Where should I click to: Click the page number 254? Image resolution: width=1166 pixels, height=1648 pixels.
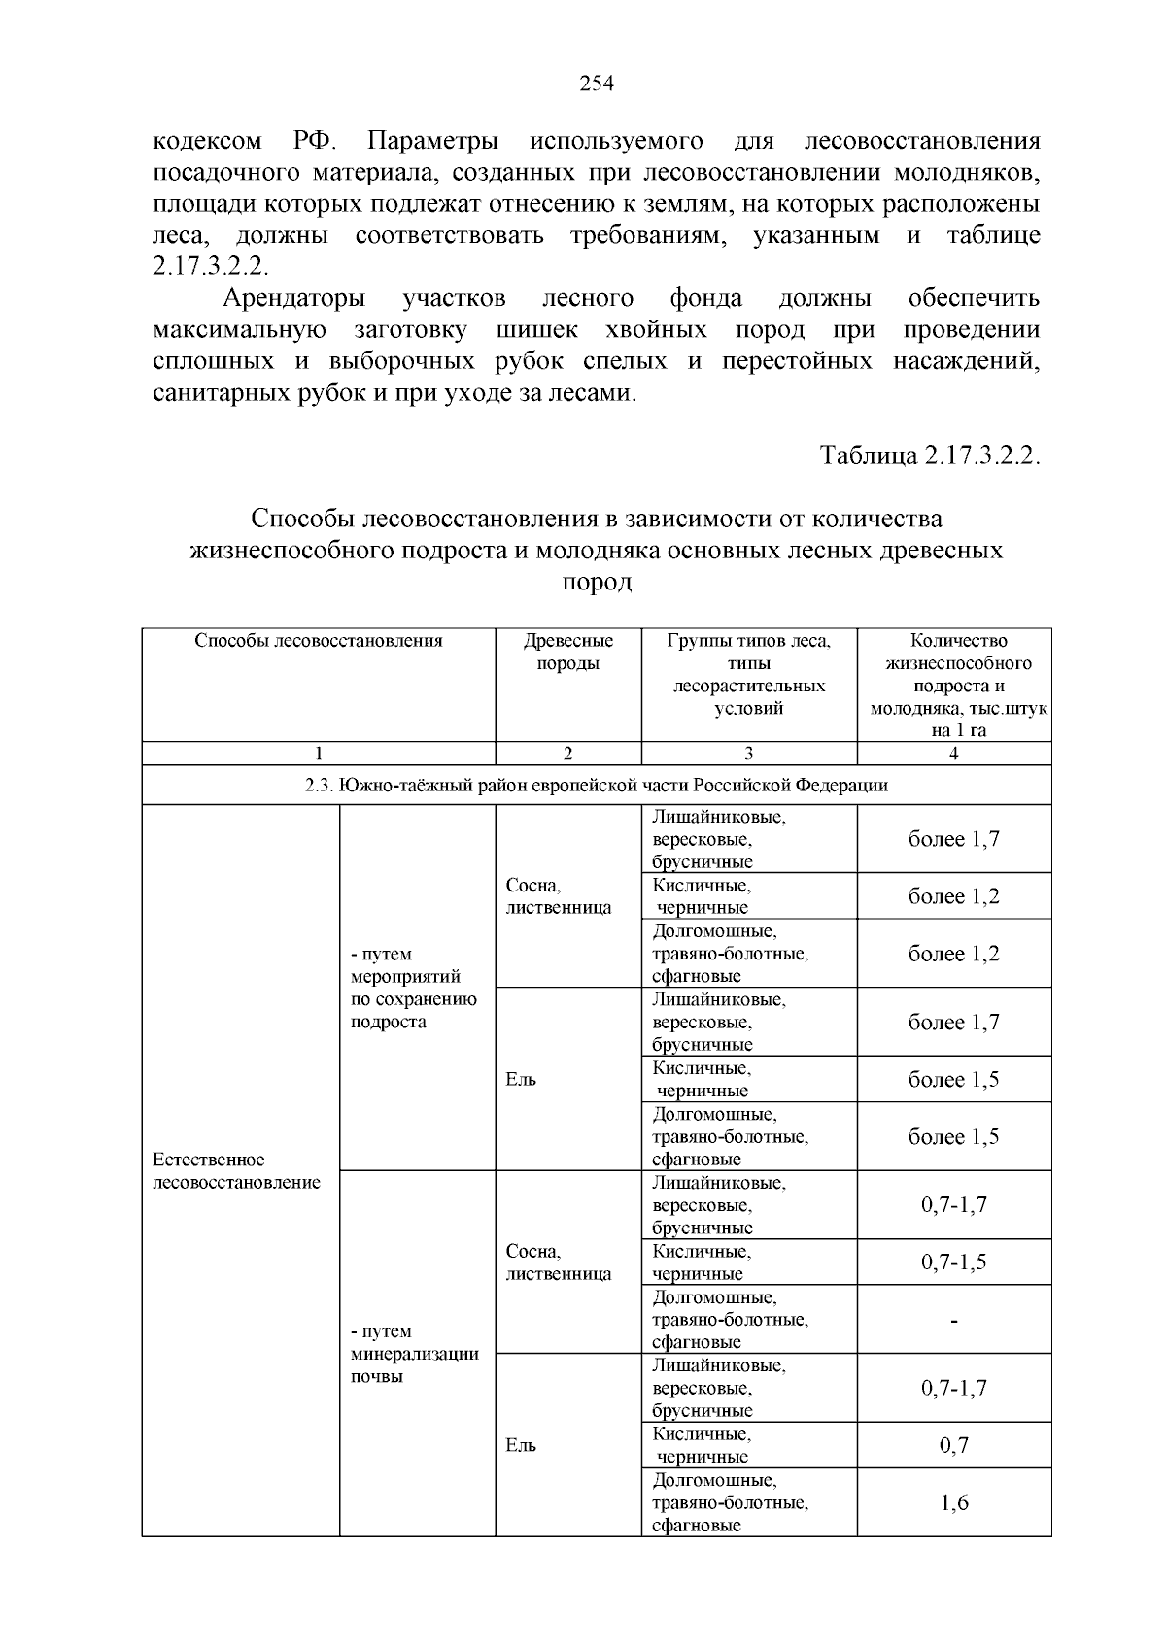tap(597, 84)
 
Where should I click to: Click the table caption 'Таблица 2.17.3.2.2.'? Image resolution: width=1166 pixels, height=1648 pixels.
tap(930, 455)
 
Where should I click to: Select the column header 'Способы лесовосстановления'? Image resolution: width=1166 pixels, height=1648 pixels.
tap(319, 641)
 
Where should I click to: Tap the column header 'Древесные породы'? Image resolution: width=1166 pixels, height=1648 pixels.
tap(568, 653)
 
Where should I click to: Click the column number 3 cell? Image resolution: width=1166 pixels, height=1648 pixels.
tap(749, 754)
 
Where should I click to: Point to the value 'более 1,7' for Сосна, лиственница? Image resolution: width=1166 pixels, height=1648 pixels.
tap(953, 839)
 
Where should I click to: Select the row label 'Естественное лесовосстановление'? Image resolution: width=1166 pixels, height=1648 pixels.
tap(237, 1171)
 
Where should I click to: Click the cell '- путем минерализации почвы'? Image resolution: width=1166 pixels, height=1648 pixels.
tap(415, 1354)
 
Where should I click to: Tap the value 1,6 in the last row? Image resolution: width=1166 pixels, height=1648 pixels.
tap(954, 1503)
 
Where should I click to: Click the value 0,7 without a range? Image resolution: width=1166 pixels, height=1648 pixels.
tap(954, 1446)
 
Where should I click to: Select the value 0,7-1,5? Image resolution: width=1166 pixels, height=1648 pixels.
tap(953, 1262)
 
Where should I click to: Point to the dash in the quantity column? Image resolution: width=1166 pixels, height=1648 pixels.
tap(954, 1321)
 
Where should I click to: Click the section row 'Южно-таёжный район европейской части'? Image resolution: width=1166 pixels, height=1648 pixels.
tap(597, 785)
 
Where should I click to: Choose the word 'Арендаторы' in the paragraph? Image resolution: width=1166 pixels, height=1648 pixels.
tap(294, 297)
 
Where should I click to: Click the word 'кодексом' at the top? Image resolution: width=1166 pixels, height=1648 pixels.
tap(208, 142)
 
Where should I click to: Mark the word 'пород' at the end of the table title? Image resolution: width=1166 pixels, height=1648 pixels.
tap(597, 583)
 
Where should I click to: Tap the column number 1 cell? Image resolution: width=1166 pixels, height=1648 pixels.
tap(319, 754)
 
